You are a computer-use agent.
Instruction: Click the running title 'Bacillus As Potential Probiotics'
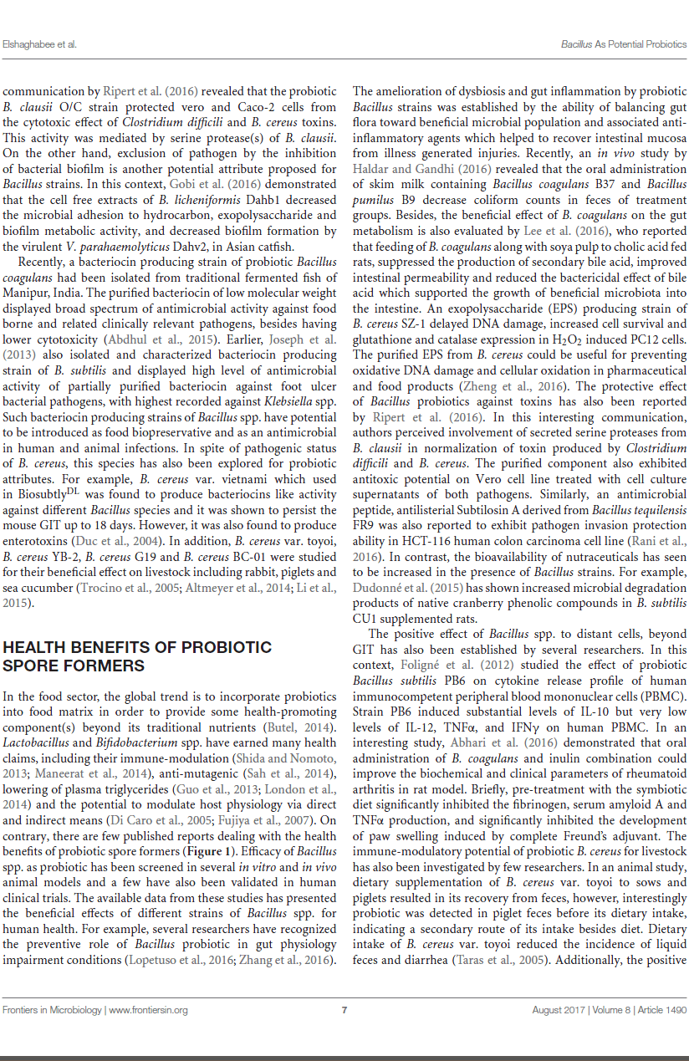(x=624, y=43)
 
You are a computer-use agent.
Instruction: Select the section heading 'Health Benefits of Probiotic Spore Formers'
(x=138, y=656)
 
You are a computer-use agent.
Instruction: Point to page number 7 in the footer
(x=344, y=1010)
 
